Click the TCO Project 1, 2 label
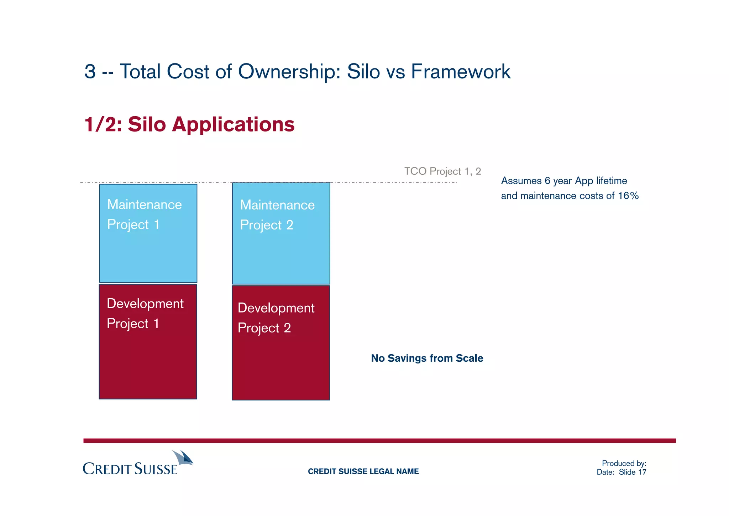[442, 171]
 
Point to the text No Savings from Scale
[427, 358]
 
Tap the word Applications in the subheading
[233, 124]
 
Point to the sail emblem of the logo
[183, 457]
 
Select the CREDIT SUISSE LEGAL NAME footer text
[363, 471]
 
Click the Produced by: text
[624, 463]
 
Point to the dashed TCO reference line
[392, 182]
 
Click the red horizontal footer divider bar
[379, 441]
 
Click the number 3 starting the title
[90, 71]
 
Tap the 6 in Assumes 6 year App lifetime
[547, 181]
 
